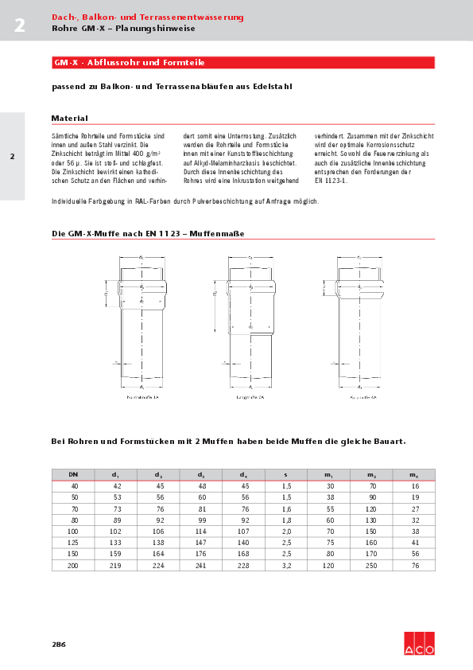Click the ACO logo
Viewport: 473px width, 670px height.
pyautogui.click(x=419, y=644)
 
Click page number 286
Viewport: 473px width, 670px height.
pyautogui.click(x=59, y=644)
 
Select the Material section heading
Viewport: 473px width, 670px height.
pyautogui.click(x=69, y=118)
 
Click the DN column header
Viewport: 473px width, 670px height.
pyautogui.click(x=73, y=475)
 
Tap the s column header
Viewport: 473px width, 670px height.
pyautogui.click(x=286, y=475)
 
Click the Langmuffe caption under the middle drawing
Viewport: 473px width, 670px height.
pyautogui.click(x=250, y=395)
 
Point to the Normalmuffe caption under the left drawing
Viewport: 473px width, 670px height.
pyautogui.click(x=142, y=395)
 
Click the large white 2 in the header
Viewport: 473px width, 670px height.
pyautogui.click(x=19, y=25)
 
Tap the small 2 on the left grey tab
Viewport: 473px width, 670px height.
pyautogui.click(x=12, y=156)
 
